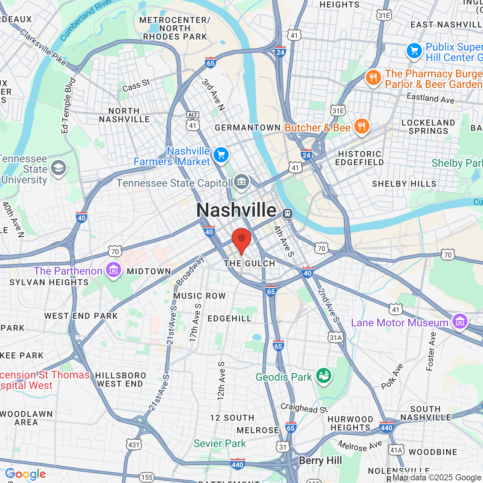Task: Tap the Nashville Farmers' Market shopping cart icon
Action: (221, 155)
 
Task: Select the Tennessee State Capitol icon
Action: (241, 182)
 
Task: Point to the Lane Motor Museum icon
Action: (460, 322)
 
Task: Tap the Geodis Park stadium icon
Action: (323, 376)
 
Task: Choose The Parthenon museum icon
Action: (113, 270)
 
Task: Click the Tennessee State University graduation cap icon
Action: (58, 168)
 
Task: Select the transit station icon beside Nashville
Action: (288, 214)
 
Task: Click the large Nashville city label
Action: (236, 210)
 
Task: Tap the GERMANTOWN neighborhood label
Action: (248, 128)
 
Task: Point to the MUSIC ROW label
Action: (199, 296)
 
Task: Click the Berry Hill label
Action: (320, 461)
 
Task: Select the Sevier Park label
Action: (220, 443)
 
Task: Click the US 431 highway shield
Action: (134, 445)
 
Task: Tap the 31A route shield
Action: (335, 337)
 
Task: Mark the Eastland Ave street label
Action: (431, 98)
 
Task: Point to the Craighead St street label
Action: (304, 408)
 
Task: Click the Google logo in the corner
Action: (26, 474)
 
